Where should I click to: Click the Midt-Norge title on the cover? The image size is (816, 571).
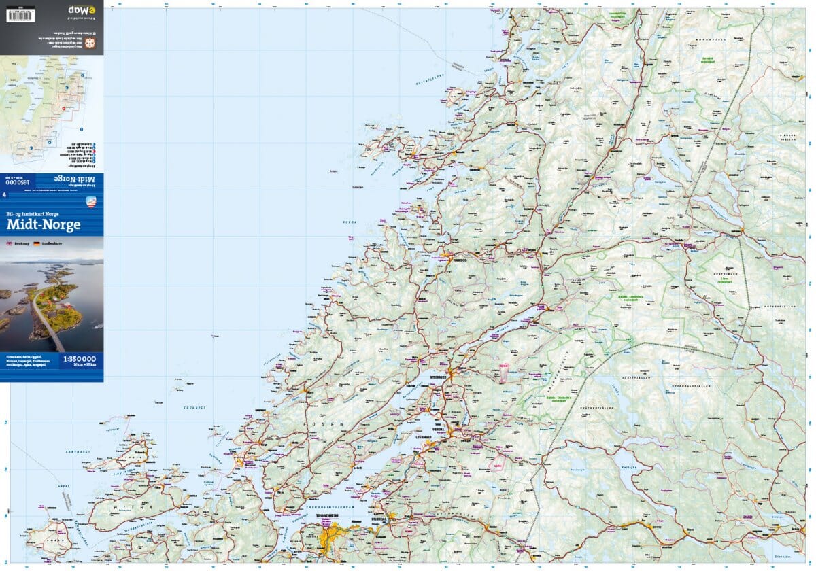[x=44, y=225]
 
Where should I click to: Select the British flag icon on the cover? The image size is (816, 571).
[x=10, y=243]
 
